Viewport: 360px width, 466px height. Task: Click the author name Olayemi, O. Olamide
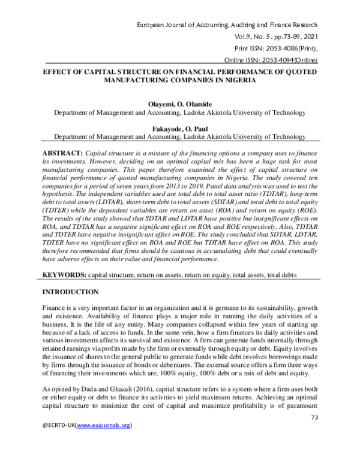coord(180,104)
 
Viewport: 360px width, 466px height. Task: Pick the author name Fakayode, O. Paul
coord(180,127)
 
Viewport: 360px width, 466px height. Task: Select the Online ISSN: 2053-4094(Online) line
coord(275,60)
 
